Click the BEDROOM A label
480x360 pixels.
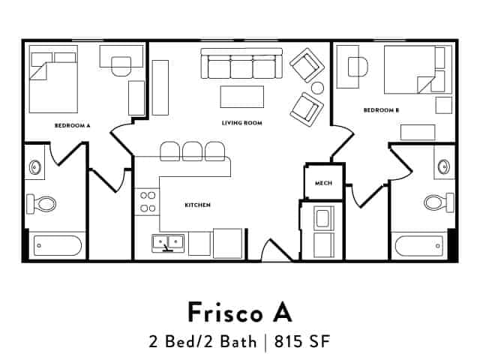tap(73, 125)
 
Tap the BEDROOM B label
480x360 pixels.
tap(381, 110)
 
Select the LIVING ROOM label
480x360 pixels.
tap(241, 122)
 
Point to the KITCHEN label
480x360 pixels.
tap(197, 205)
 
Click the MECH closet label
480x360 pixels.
tap(323, 183)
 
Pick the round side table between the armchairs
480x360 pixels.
tap(317, 88)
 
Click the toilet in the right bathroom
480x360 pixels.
tap(437, 201)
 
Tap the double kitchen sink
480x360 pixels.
tap(169, 242)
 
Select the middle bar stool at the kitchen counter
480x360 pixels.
tap(193, 151)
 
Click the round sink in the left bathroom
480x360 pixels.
tap(34, 167)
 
